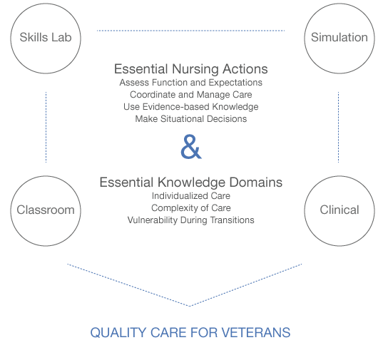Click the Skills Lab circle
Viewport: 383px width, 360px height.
pos(46,38)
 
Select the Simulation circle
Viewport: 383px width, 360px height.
pos(339,38)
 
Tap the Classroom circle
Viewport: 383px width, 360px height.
pos(46,210)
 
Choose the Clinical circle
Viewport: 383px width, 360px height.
pos(339,210)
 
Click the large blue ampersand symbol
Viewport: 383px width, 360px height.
pos(190,148)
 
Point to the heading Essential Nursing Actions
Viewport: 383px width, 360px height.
pos(190,69)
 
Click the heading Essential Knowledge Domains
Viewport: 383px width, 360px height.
pos(190,182)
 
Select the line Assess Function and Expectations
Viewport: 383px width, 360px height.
pos(190,83)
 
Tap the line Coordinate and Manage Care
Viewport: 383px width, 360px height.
pos(190,95)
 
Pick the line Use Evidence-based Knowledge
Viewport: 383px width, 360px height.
pos(190,107)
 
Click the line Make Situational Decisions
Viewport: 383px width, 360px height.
pos(190,119)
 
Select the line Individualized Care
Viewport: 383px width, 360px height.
pos(190,195)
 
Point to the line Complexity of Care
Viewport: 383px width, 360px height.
pos(190,207)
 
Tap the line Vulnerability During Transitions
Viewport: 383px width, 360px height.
pos(190,220)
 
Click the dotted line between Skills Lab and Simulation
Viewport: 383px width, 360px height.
pos(190,31)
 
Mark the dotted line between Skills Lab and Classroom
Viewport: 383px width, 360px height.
pos(46,126)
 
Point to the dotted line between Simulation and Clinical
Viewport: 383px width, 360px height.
pos(338,126)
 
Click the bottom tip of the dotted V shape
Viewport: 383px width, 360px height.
pos(190,306)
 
